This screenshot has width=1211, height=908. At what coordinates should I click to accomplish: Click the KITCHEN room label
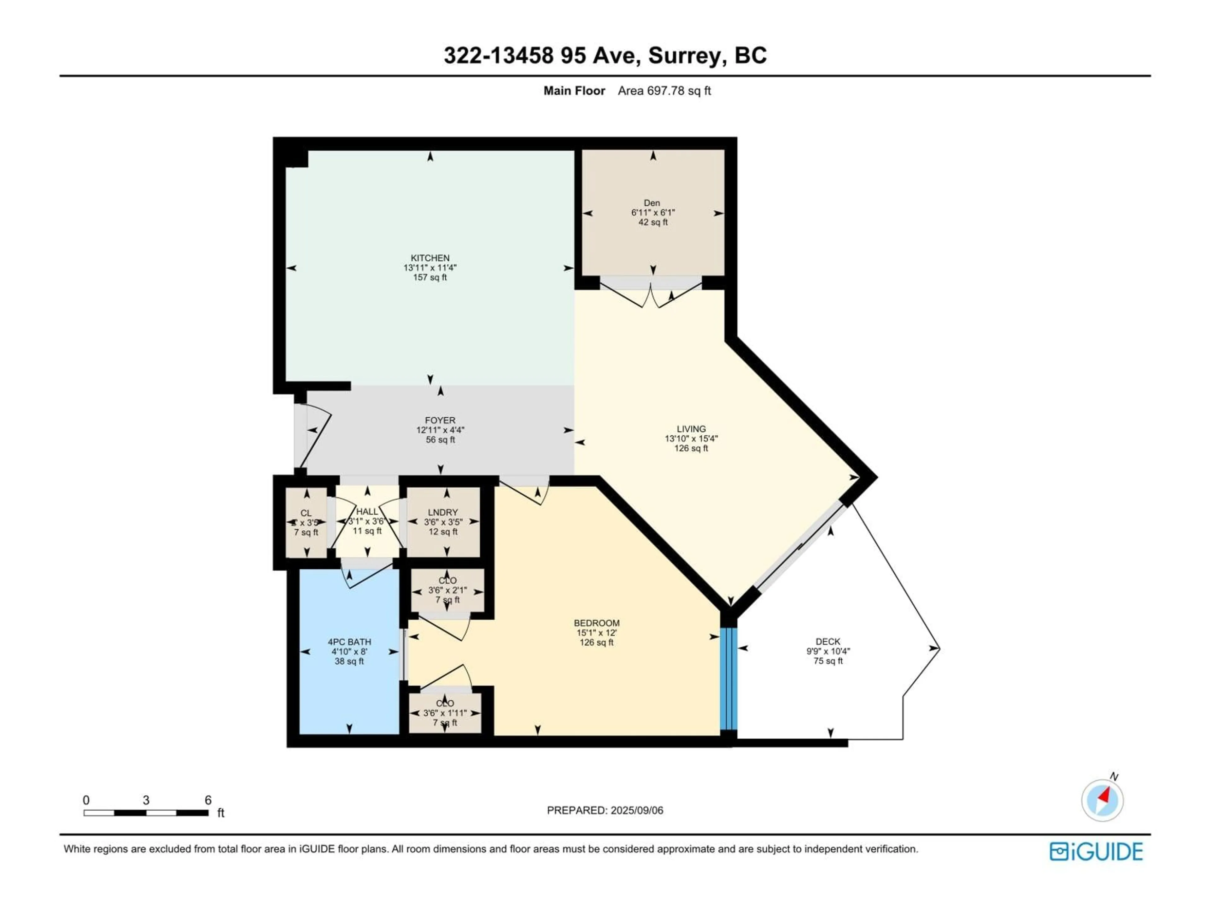tap(430, 258)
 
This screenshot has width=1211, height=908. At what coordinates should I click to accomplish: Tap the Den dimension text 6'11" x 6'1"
tap(652, 212)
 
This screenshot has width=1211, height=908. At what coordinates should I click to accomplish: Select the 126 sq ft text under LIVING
tap(691, 448)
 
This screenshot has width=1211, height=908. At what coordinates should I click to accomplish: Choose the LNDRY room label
tap(442, 512)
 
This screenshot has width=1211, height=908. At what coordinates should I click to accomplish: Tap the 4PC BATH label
tap(349, 642)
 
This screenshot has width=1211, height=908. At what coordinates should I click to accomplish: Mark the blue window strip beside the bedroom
tap(729, 679)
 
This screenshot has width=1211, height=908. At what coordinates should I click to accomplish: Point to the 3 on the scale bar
tap(146, 800)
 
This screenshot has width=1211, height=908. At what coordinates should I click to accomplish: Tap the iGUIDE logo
tap(1096, 852)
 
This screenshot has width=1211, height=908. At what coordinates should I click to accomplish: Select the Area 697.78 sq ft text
tap(664, 91)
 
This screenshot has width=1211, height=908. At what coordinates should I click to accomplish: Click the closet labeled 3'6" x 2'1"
tap(447, 591)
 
